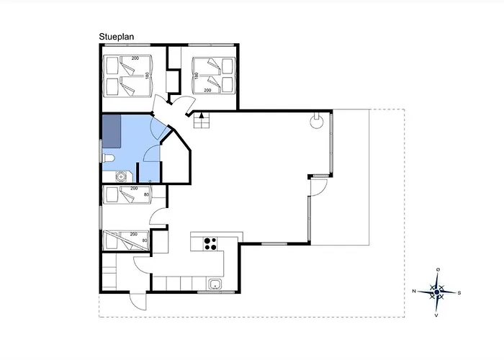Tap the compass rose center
coord(438,292)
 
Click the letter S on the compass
coord(460,292)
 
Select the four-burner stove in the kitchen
coord(211,243)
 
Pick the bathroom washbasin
coord(121,175)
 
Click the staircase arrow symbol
coord(202,118)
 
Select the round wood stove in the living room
coord(316,121)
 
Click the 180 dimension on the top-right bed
coord(196,75)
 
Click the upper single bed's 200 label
coord(134,188)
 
